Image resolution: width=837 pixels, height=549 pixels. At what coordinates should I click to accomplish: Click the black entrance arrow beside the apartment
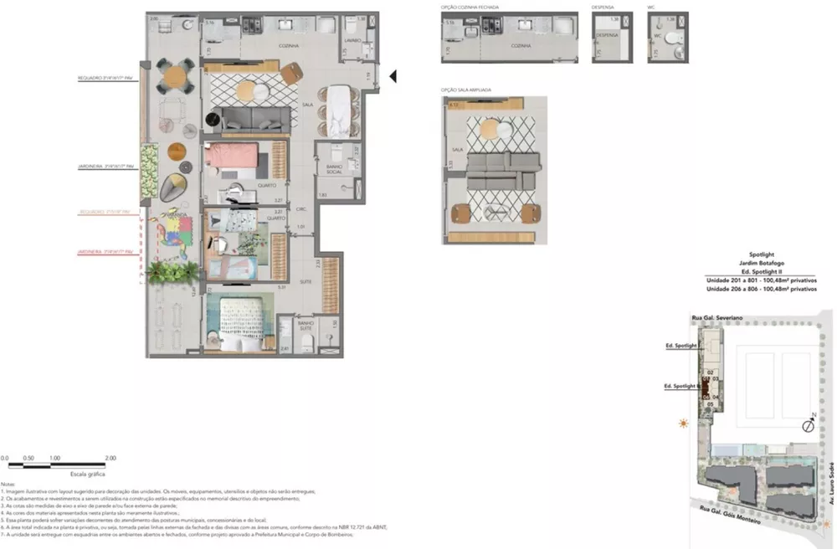(393, 77)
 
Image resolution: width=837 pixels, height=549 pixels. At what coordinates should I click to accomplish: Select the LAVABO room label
(352, 40)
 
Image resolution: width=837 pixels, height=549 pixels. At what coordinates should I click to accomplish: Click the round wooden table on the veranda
(177, 151)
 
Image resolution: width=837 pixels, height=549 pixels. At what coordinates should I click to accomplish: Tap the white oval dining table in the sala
(339, 110)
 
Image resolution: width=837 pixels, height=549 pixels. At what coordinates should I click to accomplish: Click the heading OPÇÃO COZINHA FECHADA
(470, 7)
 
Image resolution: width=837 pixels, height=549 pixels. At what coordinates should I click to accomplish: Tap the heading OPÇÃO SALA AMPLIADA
(466, 89)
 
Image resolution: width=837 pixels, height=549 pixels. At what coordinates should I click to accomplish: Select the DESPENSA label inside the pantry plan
(608, 36)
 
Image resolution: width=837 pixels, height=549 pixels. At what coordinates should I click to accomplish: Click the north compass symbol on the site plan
(808, 425)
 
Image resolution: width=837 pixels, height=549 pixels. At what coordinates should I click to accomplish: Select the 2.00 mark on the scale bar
(110, 459)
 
